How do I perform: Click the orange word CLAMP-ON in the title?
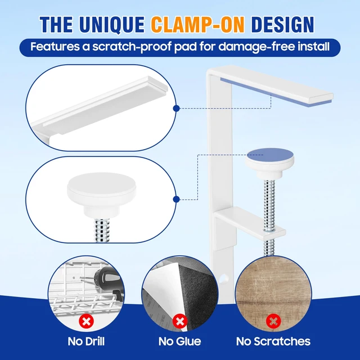point(197,25)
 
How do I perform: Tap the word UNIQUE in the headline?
point(112,25)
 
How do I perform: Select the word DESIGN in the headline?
point(282,25)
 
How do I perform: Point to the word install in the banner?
point(314,47)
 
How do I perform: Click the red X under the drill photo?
point(86,321)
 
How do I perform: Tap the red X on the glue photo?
point(180,321)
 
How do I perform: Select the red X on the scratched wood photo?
point(273,321)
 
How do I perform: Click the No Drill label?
point(86,341)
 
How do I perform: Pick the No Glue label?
point(180,341)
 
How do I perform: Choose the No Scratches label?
point(273,341)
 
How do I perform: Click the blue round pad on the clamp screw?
point(270,155)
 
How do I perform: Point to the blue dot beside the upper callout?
point(176,109)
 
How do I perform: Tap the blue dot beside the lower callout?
point(176,199)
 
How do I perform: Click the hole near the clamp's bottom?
point(224,279)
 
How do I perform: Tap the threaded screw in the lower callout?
point(102,230)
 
